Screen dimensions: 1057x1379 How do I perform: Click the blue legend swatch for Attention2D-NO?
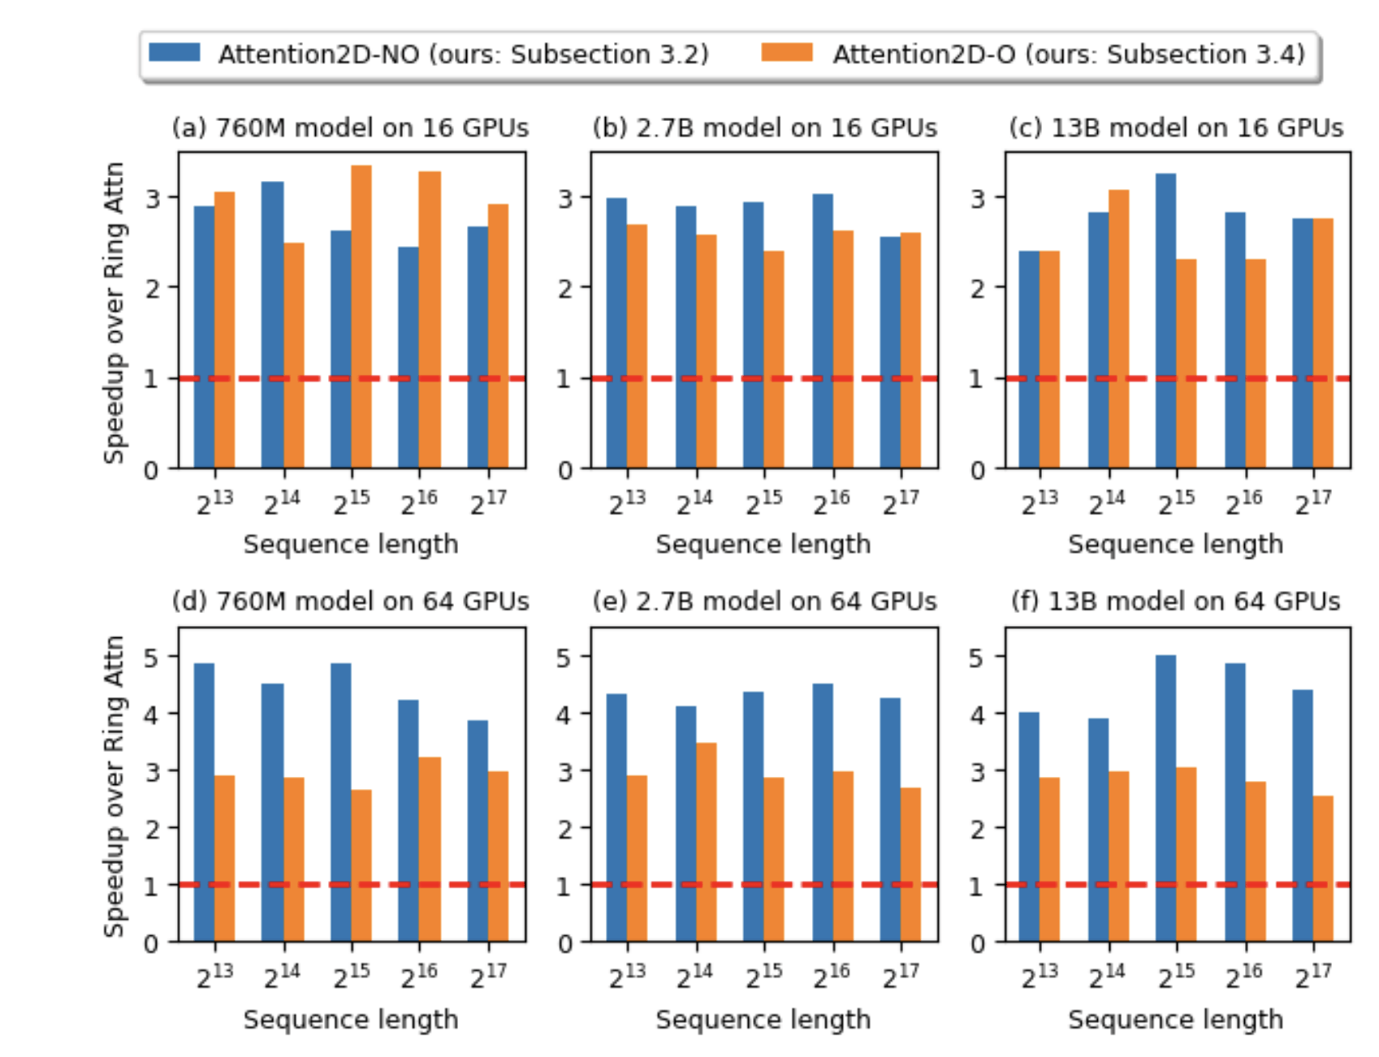pos(175,53)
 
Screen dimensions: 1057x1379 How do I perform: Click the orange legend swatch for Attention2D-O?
pos(786,53)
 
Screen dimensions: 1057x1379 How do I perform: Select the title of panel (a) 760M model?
pos(350,127)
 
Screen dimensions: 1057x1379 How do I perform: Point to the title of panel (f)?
pos(1175,601)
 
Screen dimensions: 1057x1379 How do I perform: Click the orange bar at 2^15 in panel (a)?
pos(361,317)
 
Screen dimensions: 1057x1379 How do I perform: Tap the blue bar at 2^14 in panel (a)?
pos(273,325)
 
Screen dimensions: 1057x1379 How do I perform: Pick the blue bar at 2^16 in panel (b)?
pos(823,331)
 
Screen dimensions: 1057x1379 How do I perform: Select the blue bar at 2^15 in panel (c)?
pos(1165,321)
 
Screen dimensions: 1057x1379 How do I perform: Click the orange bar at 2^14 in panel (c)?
pos(1118,329)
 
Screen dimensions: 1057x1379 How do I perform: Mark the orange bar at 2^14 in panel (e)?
pos(707,842)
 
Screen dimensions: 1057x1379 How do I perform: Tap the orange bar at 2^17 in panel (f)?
pos(1323,869)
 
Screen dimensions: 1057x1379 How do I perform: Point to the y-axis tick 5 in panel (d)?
pos(152,657)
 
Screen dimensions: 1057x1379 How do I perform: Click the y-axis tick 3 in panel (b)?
pos(565,198)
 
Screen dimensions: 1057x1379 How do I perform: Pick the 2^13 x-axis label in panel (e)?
pos(627,976)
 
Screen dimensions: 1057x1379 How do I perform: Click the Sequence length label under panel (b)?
pos(763,544)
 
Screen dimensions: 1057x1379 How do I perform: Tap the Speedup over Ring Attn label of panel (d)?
pos(115,786)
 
